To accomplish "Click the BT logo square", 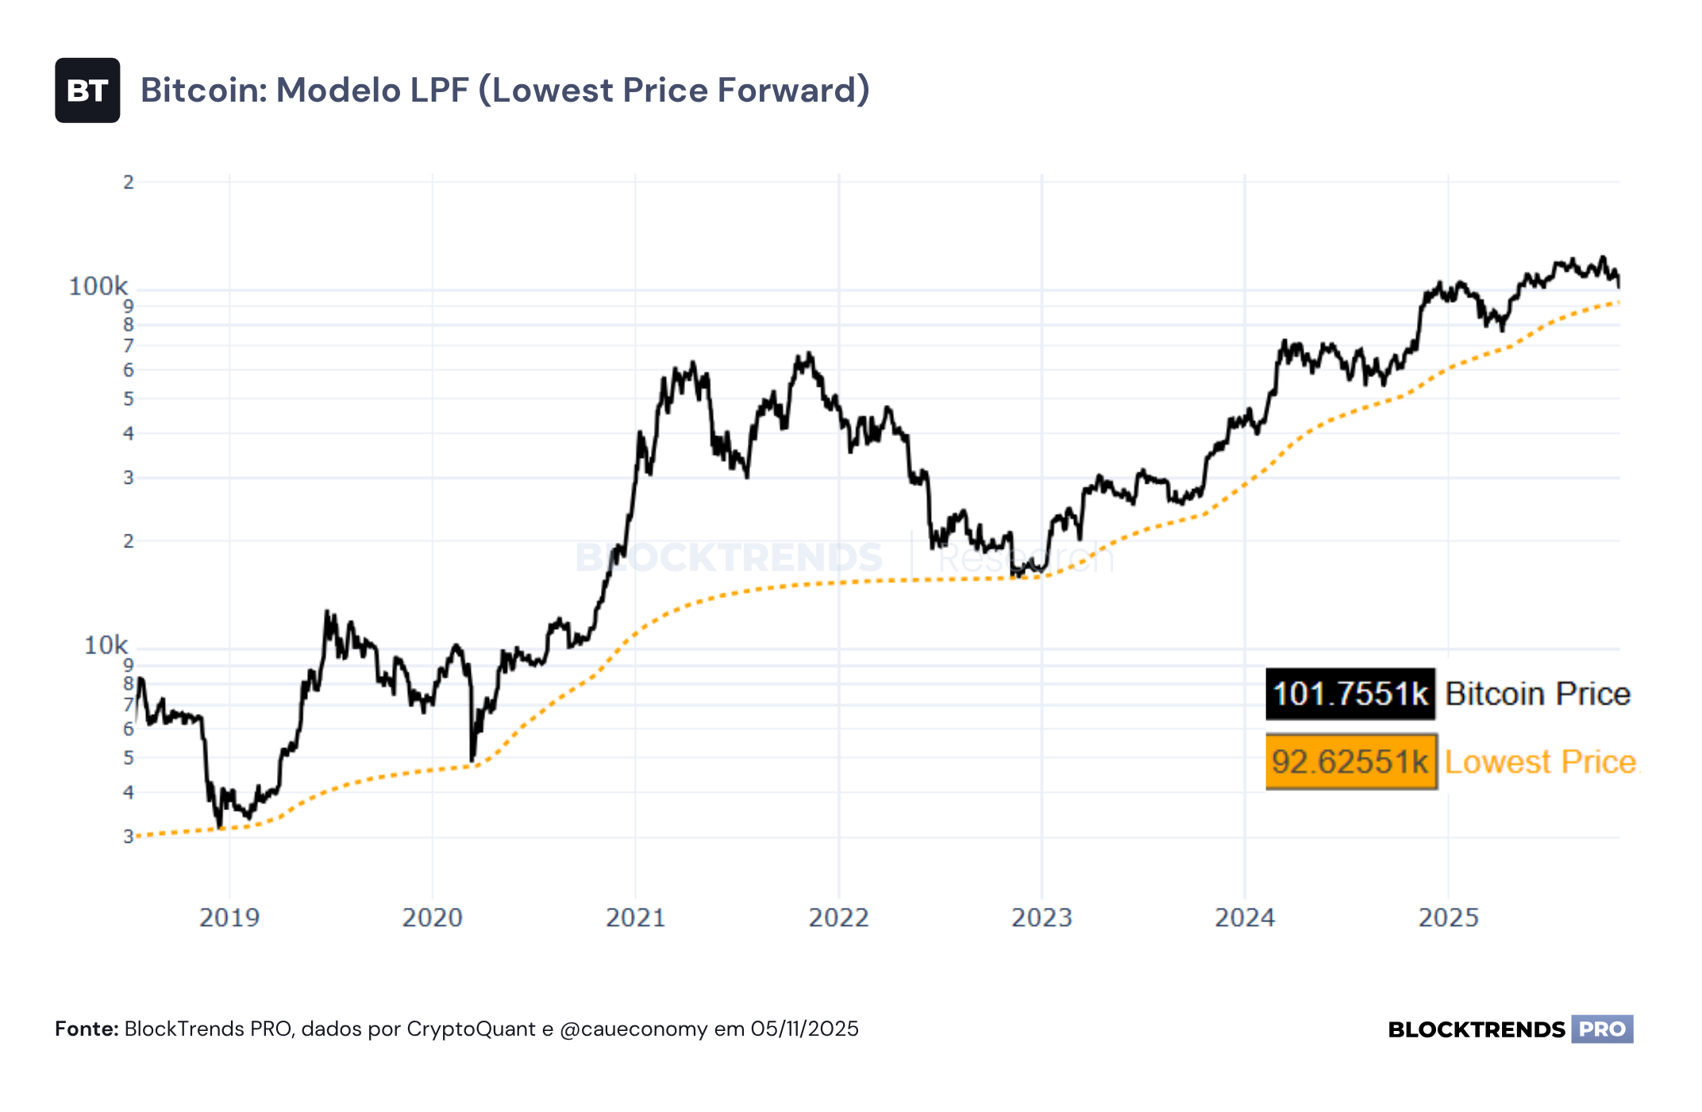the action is pyautogui.click(x=87, y=91).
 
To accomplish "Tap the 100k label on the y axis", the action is pyautogui.click(x=98, y=286).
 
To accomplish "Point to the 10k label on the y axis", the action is pyautogui.click(x=106, y=645).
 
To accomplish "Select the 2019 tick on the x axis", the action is pyautogui.click(x=229, y=918).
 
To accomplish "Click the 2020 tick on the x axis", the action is pyautogui.click(x=433, y=918).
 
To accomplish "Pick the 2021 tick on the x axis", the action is pyautogui.click(x=636, y=918).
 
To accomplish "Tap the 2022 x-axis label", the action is pyautogui.click(x=839, y=918).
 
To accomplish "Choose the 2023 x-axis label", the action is pyautogui.click(x=1042, y=918).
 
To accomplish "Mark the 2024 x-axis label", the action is pyautogui.click(x=1246, y=918).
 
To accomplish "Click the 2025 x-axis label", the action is pyautogui.click(x=1449, y=918).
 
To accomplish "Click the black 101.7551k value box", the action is pyautogui.click(x=1350, y=694).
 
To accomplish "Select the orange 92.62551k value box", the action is pyautogui.click(x=1351, y=762).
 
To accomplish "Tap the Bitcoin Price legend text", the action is pyautogui.click(x=1538, y=694).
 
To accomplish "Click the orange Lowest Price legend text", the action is pyautogui.click(x=1541, y=762).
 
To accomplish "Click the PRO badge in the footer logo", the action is pyautogui.click(x=1602, y=1029).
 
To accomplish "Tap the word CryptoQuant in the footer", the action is pyautogui.click(x=472, y=1030).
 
